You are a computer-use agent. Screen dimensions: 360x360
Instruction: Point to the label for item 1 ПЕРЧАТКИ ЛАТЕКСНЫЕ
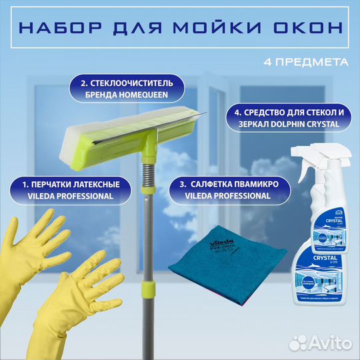pyautogui.click(x=62, y=189)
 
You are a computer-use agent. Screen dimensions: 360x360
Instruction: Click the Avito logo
pyautogui.click(x=327, y=343)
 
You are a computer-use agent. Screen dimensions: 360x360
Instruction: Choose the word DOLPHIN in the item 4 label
pyautogui.click(x=291, y=124)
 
